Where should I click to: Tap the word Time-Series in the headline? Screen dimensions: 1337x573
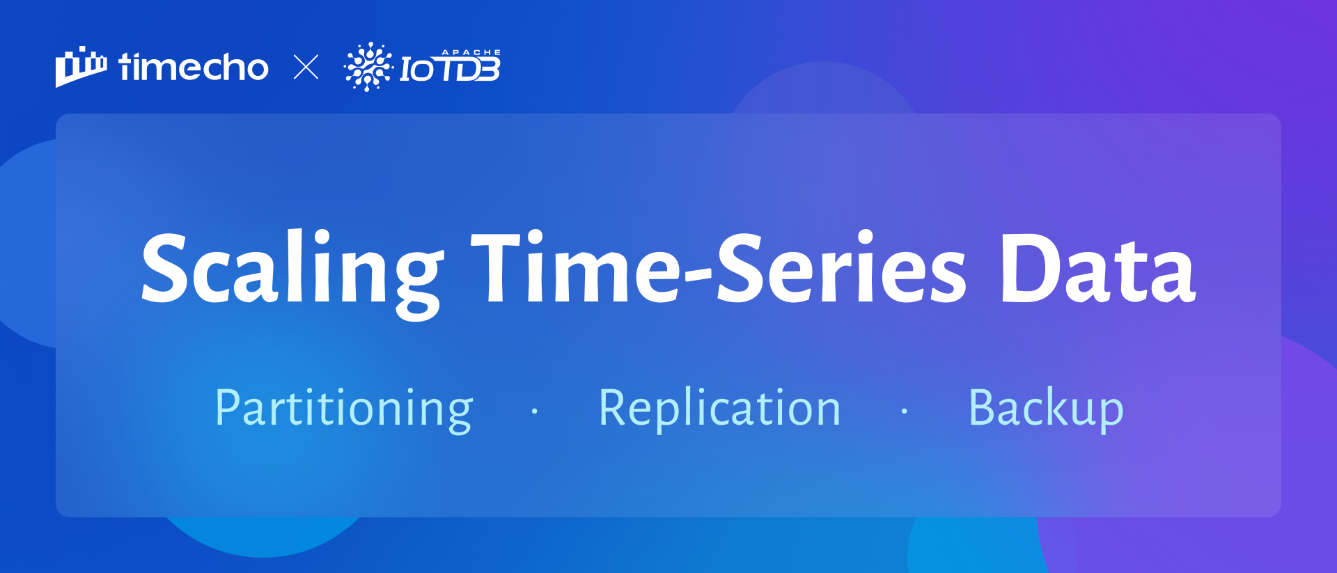click(x=719, y=268)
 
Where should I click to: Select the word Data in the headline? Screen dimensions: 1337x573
click(x=1098, y=269)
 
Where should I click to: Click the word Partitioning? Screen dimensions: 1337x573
click(x=344, y=409)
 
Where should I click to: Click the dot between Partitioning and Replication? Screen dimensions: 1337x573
click(x=535, y=411)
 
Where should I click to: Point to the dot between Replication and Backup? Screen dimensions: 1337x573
click(x=905, y=411)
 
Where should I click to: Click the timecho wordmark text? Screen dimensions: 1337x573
click(x=194, y=67)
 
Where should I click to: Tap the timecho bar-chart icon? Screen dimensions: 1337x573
click(x=81, y=67)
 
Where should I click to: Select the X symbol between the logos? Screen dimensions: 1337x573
click(x=306, y=68)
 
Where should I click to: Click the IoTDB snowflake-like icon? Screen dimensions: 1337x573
click(x=368, y=67)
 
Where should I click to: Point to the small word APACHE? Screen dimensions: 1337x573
click(x=471, y=52)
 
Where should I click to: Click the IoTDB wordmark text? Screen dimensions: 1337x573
click(x=450, y=69)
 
